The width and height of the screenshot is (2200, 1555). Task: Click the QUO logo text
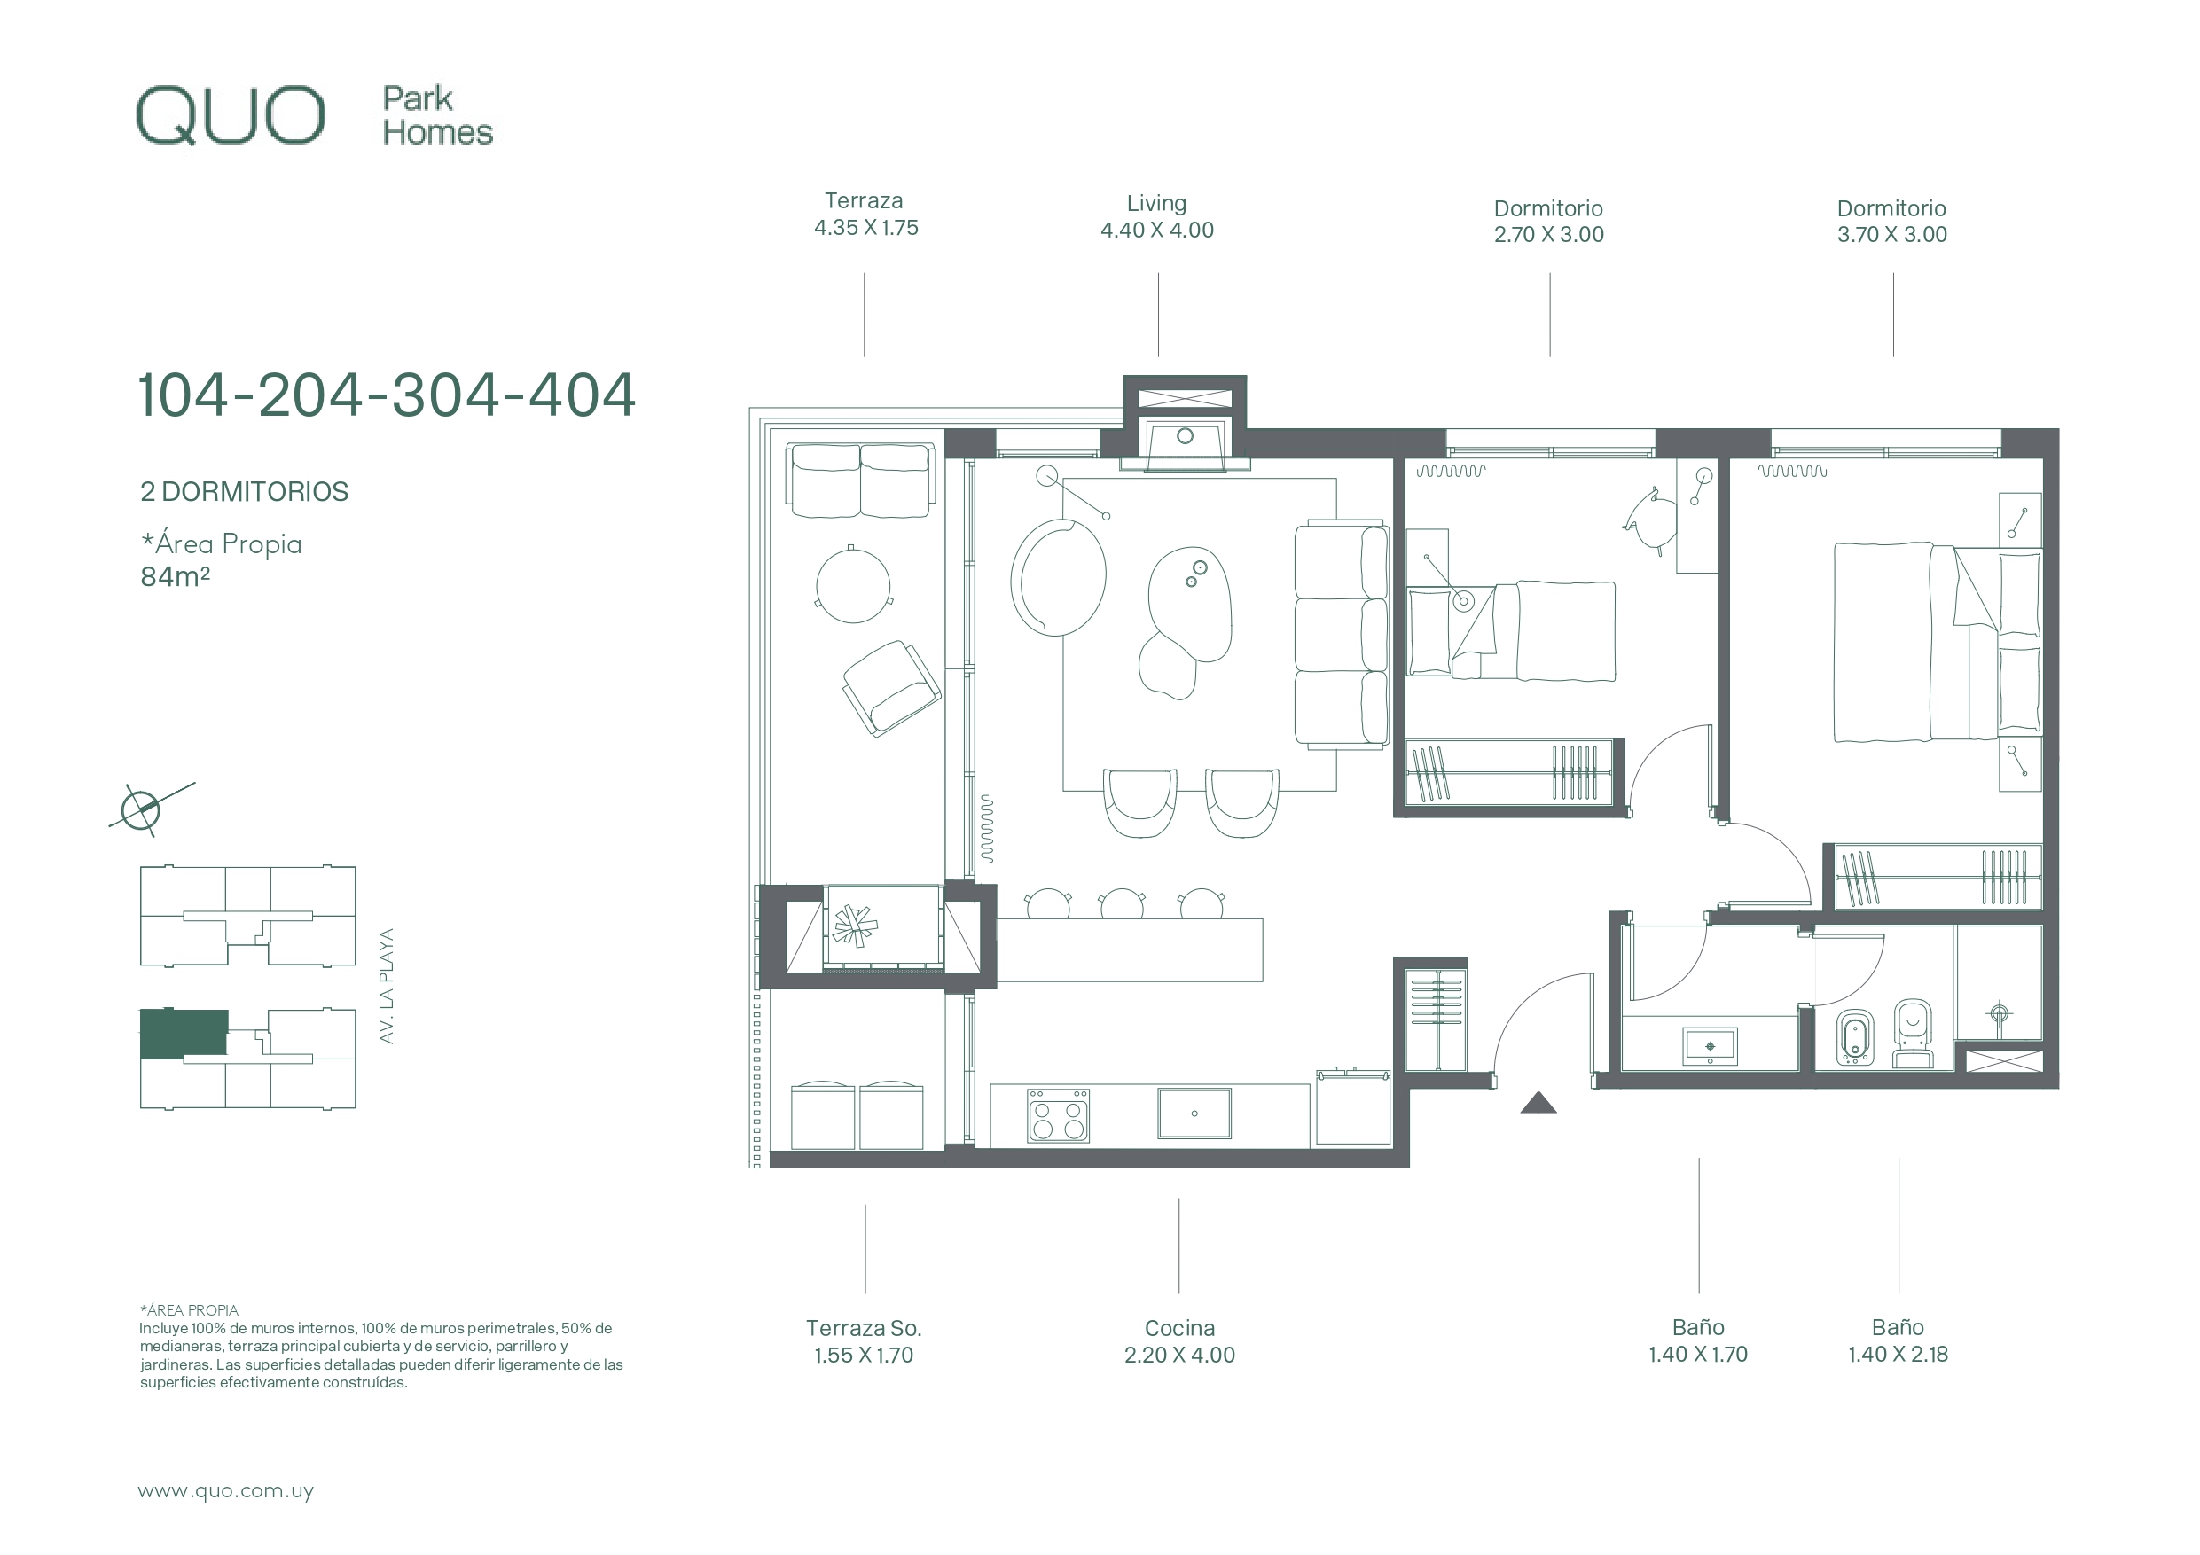pyautogui.click(x=231, y=116)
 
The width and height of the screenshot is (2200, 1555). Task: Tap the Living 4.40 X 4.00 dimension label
pyautogui.click(x=1156, y=216)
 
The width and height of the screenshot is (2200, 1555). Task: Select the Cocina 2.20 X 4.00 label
pyautogui.click(x=1179, y=1341)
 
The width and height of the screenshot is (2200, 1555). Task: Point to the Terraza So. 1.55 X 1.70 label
pyautogui.click(x=864, y=1341)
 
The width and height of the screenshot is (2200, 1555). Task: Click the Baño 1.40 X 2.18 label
pyautogui.click(x=1899, y=1340)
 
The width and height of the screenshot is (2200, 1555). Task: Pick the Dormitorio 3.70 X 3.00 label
pyautogui.click(x=1891, y=222)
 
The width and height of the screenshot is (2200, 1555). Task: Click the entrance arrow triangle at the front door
pyautogui.click(x=1538, y=1103)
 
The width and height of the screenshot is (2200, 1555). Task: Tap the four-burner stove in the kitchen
pyautogui.click(x=1058, y=1116)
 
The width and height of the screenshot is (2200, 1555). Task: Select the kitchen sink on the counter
pyautogui.click(x=1194, y=1113)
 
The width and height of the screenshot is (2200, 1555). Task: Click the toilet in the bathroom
pyautogui.click(x=1914, y=1034)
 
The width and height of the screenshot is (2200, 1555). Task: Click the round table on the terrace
pyautogui.click(x=853, y=584)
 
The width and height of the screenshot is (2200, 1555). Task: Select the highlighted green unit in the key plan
pyautogui.click(x=184, y=1034)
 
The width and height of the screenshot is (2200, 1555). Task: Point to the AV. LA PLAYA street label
pyautogui.click(x=386, y=986)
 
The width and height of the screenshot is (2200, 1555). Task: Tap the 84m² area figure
pyautogui.click(x=176, y=576)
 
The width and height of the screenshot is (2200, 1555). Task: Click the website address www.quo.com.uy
pyautogui.click(x=226, y=1492)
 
